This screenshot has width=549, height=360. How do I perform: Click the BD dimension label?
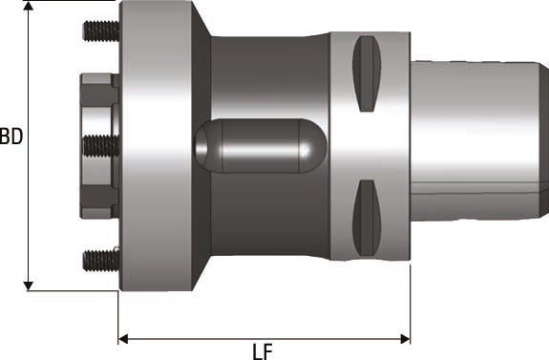(x=11, y=137)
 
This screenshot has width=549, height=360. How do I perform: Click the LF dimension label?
(x=263, y=349)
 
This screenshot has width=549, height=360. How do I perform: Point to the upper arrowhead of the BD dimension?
(x=30, y=8)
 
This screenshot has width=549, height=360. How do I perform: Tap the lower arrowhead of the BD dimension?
(x=30, y=284)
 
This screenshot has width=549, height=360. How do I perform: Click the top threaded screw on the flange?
(x=99, y=32)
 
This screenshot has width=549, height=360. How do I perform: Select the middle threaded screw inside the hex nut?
(x=99, y=145)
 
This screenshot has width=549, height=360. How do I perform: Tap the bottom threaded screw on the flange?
(x=99, y=258)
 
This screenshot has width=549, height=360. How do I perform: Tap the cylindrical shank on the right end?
(x=477, y=143)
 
